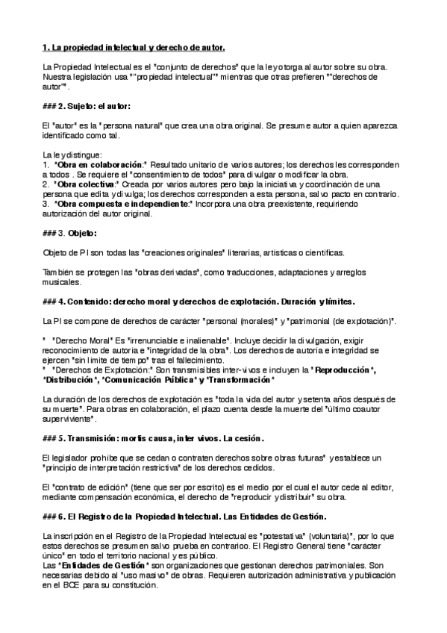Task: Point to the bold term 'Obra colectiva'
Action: (x=87, y=183)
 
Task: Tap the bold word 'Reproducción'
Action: (x=344, y=369)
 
